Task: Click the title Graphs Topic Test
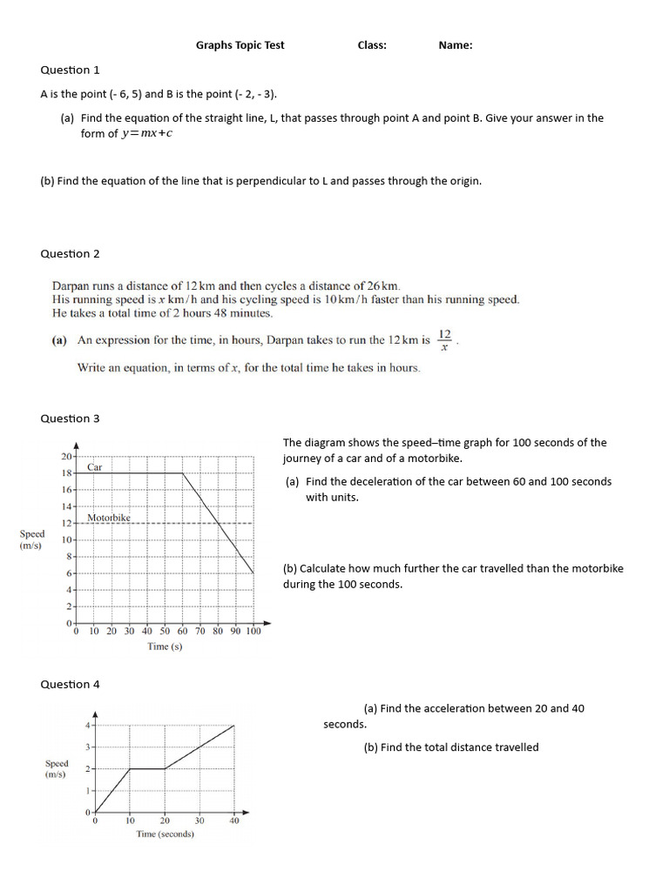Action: coord(240,45)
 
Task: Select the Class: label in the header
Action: coord(372,45)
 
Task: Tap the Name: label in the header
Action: coord(456,45)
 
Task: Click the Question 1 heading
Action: coord(70,70)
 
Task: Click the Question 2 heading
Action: coord(70,254)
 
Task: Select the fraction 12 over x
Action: coord(445,339)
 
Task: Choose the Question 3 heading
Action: coord(70,419)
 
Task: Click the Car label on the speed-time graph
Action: coord(95,467)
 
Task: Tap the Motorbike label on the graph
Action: coord(109,518)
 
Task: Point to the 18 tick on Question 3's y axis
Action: coord(66,473)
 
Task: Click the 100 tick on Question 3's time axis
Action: coord(253,632)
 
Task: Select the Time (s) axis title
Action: coord(165,646)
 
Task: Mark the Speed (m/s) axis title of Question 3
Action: coord(32,539)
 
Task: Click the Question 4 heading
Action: coord(70,685)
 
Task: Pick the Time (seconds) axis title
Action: coord(165,834)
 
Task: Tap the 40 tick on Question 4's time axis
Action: coord(234,820)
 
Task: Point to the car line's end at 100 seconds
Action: coord(253,573)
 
